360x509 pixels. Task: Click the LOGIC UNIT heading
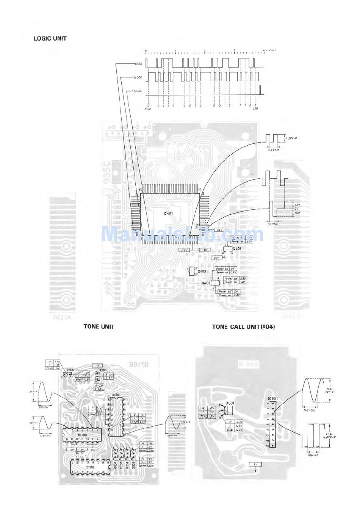[x=50, y=38]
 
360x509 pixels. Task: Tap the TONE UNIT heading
[x=99, y=327]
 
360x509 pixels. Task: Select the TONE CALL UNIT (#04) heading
[x=243, y=327]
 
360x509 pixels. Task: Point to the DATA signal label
[x=138, y=64]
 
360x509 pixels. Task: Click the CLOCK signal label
[x=138, y=77]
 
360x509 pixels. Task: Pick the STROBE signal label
[x=137, y=91]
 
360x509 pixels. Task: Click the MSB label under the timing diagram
[x=148, y=109]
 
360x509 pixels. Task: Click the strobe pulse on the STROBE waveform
[x=261, y=90]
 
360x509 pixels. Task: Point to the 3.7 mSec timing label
[x=273, y=224]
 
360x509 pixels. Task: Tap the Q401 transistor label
[x=237, y=248]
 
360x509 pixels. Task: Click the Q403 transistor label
[x=202, y=271]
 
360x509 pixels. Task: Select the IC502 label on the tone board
[x=89, y=467]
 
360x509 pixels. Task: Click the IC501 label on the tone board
[x=116, y=395]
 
